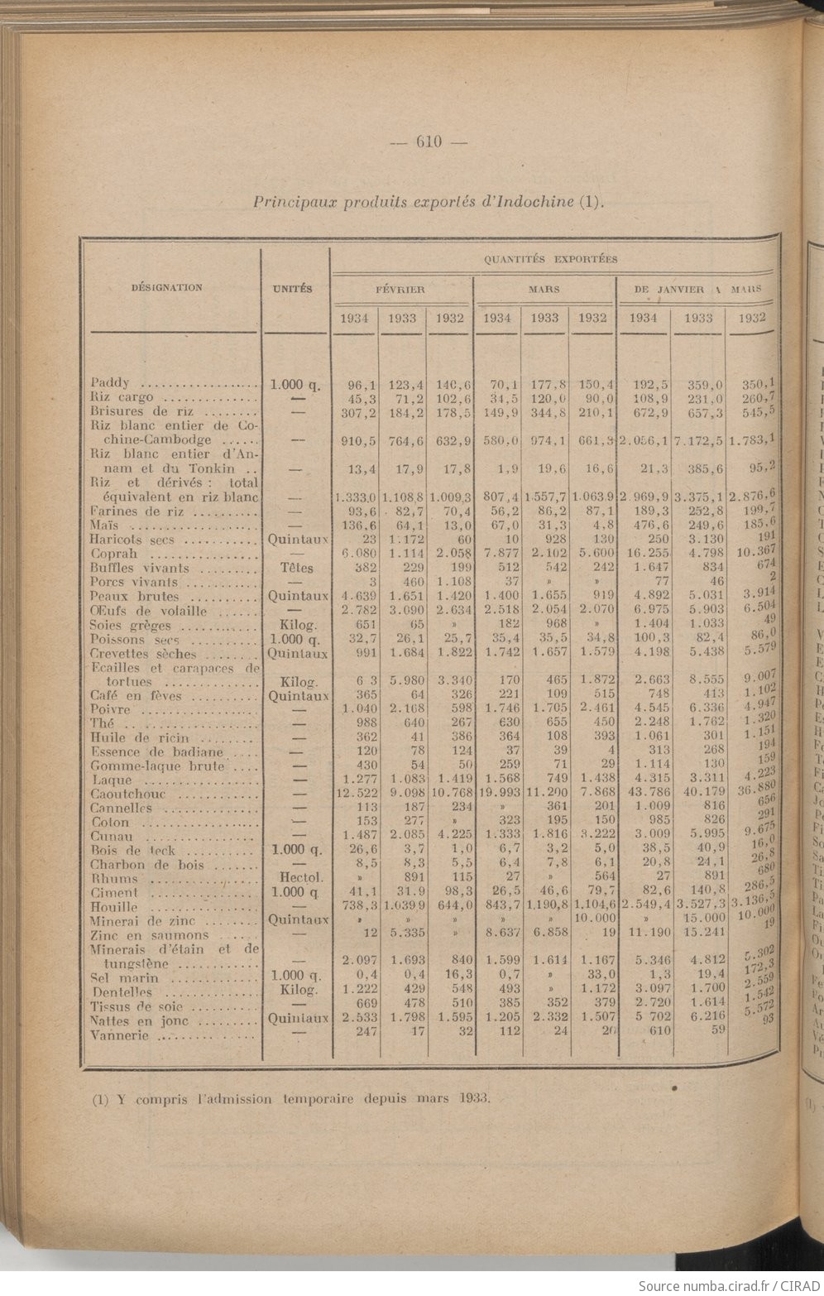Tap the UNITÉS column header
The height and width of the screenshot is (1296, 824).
293,289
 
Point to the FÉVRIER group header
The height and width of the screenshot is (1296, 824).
400,290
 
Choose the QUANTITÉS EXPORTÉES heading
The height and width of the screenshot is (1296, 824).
550,259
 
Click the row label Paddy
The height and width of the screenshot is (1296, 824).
110,383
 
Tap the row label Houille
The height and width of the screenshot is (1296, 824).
113,908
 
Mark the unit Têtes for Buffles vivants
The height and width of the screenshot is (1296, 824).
295,569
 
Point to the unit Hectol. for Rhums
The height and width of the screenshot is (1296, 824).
295,879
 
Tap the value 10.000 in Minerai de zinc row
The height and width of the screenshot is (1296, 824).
595,920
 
